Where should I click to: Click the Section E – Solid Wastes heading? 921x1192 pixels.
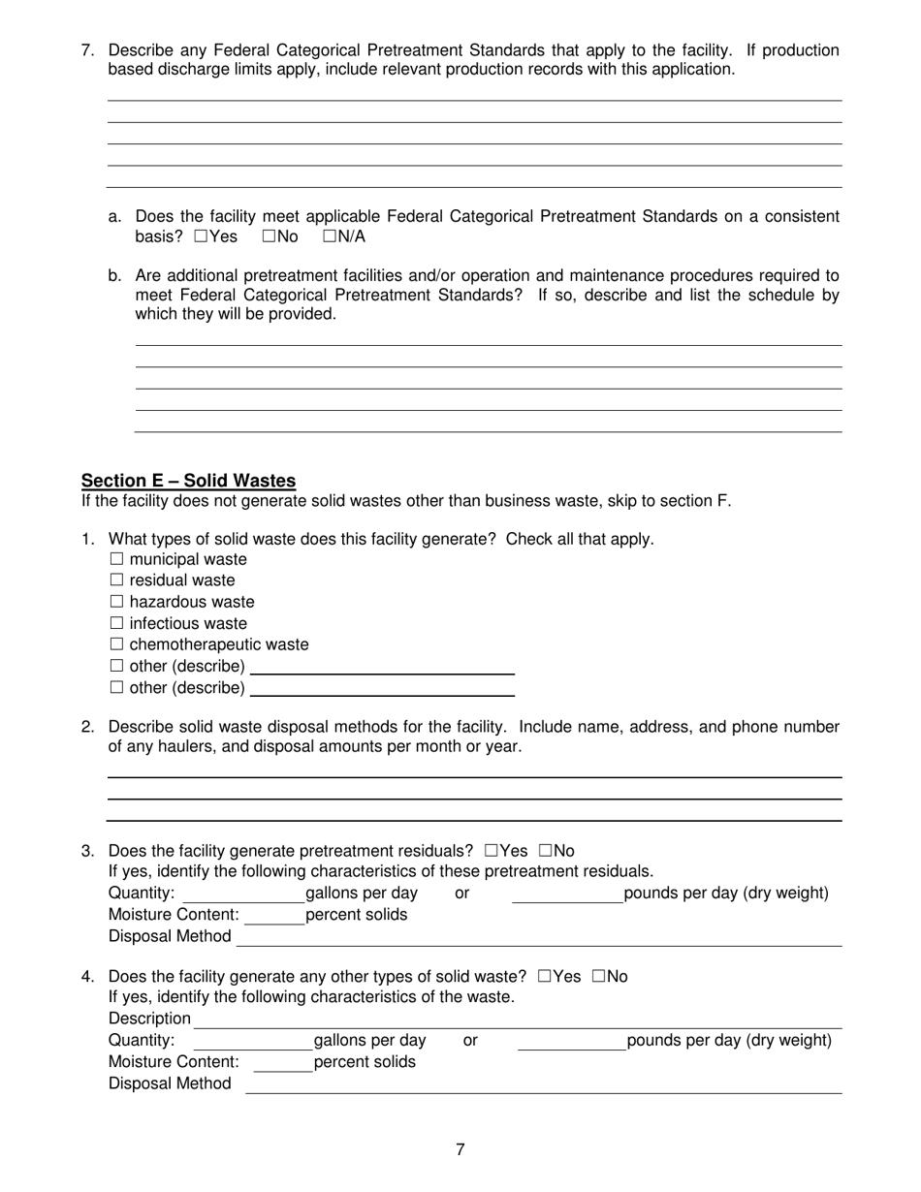coord(188,481)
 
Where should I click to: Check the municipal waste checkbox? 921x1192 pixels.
coord(117,559)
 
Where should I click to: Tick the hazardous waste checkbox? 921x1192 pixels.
coord(117,602)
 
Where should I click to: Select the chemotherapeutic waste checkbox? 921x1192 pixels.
coord(117,644)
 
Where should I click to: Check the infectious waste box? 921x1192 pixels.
coord(117,623)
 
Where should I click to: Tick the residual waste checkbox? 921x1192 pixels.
coord(117,580)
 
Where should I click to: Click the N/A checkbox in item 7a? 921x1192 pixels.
coord(330,236)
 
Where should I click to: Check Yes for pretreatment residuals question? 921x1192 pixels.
coord(492,851)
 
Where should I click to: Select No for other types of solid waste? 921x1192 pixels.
coord(598,976)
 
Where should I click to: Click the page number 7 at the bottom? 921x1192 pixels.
coord(460,1150)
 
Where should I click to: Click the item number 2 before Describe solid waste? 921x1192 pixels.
coord(87,727)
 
